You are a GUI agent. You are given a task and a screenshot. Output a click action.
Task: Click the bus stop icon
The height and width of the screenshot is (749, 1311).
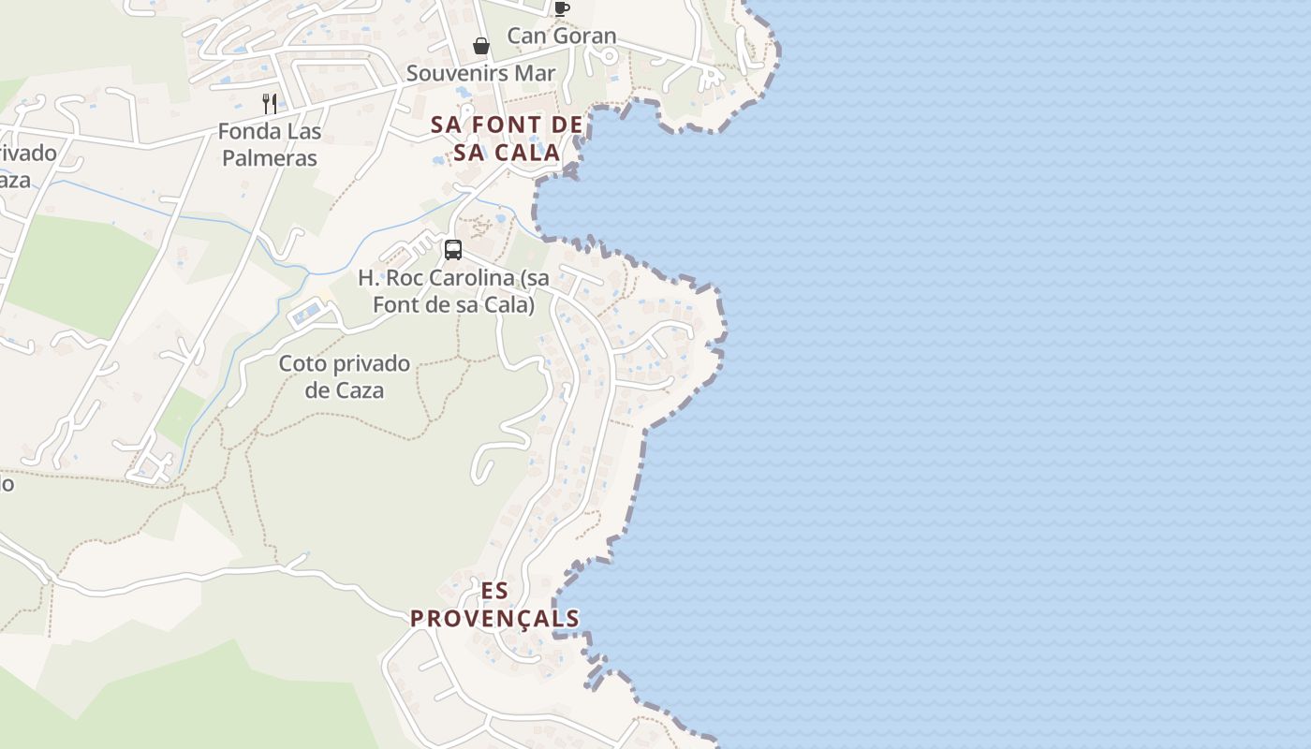(x=453, y=250)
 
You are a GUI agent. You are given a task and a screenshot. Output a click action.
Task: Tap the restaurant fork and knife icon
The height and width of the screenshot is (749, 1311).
(x=270, y=103)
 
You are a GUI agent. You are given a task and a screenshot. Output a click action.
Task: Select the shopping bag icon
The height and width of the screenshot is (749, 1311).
(x=481, y=46)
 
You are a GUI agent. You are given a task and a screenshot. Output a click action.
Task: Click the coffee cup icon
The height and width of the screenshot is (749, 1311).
(x=561, y=8)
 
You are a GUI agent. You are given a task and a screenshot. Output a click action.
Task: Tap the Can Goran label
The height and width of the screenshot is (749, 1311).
(x=562, y=37)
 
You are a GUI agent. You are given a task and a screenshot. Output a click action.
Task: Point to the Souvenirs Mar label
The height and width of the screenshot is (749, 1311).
(x=480, y=73)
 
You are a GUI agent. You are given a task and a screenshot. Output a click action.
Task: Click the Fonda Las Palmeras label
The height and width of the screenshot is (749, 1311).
(x=270, y=144)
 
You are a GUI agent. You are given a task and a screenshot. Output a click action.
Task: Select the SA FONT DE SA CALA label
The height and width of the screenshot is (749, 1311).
(x=508, y=138)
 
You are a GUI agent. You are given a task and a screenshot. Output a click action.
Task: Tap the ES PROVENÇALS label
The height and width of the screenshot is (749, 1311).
(x=494, y=605)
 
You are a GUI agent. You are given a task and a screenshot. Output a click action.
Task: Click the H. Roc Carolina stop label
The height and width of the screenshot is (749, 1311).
(x=453, y=291)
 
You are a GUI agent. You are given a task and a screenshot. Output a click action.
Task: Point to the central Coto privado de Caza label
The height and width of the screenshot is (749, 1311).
(x=345, y=376)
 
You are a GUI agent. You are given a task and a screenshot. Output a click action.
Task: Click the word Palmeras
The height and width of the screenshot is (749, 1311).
(x=270, y=157)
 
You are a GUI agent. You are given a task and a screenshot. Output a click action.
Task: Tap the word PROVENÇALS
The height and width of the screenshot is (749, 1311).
(x=494, y=619)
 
